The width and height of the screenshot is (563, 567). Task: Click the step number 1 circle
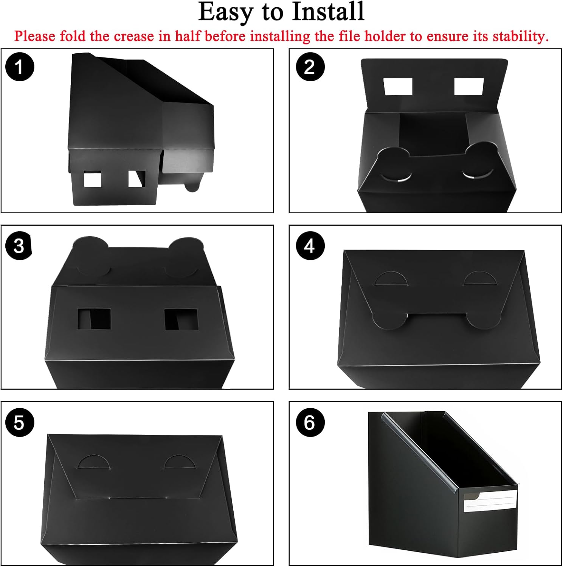click(x=20, y=67)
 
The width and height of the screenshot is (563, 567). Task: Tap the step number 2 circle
click(x=310, y=67)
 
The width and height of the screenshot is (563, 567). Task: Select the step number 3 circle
click(x=19, y=246)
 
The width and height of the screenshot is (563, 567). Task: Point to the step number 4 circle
click(x=310, y=246)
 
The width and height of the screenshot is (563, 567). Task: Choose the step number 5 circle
click(x=20, y=423)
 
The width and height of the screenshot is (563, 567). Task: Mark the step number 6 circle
click(x=310, y=423)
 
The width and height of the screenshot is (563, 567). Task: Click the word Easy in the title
click(x=225, y=12)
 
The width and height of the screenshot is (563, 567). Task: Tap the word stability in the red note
click(x=520, y=37)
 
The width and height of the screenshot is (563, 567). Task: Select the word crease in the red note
click(x=134, y=37)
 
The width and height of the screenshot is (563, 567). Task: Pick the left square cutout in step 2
click(x=398, y=87)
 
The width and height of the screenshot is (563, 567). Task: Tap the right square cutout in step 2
click(x=469, y=87)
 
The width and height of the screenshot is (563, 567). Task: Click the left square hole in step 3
click(x=94, y=319)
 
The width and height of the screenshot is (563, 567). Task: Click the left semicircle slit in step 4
click(x=391, y=279)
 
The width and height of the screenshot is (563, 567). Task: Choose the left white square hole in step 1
click(x=92, y=179)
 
